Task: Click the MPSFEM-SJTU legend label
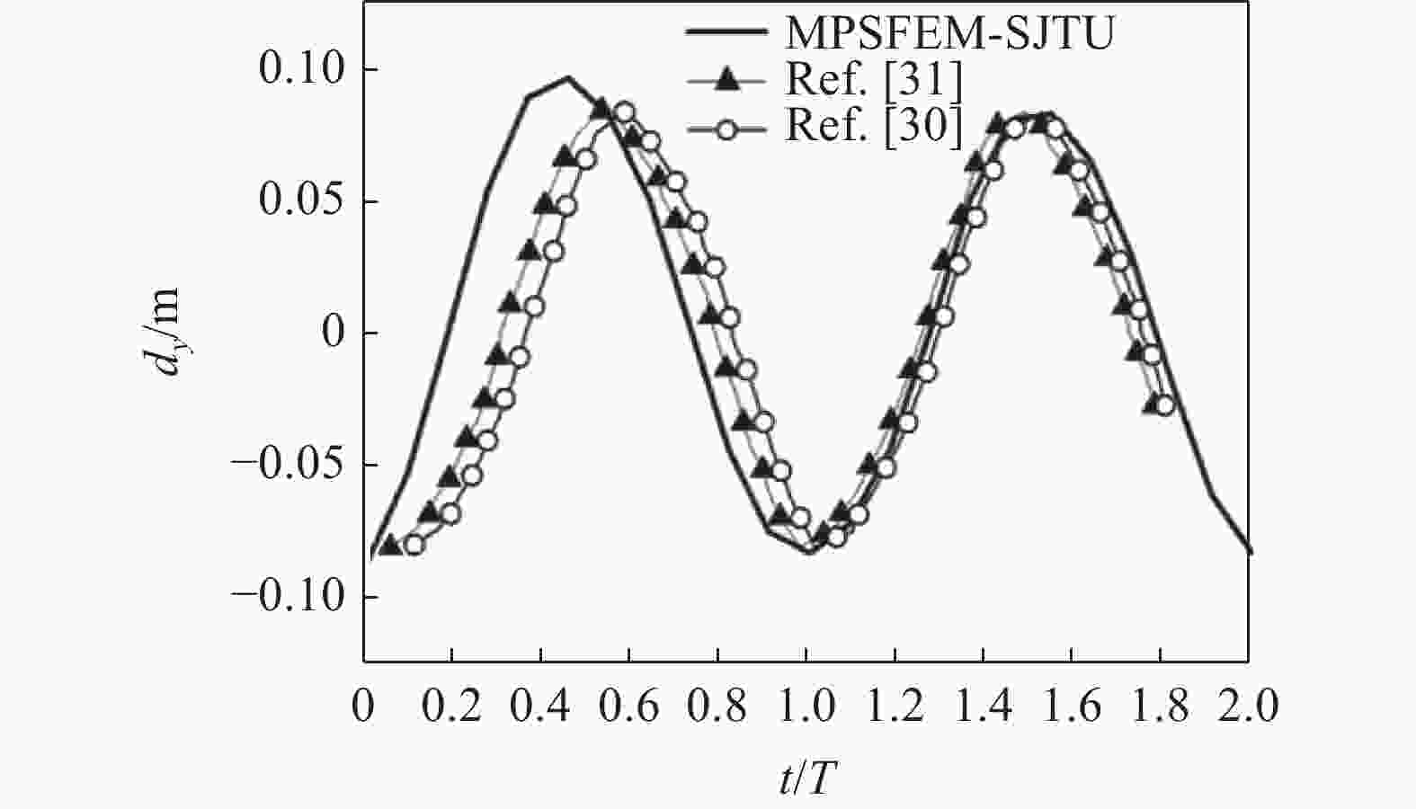tap(949, 33)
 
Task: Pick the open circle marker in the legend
tap(728, 130)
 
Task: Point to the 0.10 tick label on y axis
tap(301, 68)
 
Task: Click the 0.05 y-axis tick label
tap(301, 201)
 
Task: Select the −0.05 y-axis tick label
tap(288, 465)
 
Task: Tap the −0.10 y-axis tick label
tap(288, 596)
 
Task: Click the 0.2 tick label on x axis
tap(451, 706)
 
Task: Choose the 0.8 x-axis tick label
tap(717, 706)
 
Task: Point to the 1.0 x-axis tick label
tap(806, 706)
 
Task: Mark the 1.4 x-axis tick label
tap(983, 706)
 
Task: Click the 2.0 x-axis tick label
tap(1249, 706)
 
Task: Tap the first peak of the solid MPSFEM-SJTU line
tap(567, 77)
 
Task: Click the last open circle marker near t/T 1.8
tap(1164, 405)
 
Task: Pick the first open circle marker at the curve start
tap(414, 544)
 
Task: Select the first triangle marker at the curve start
tap(391, 544)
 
